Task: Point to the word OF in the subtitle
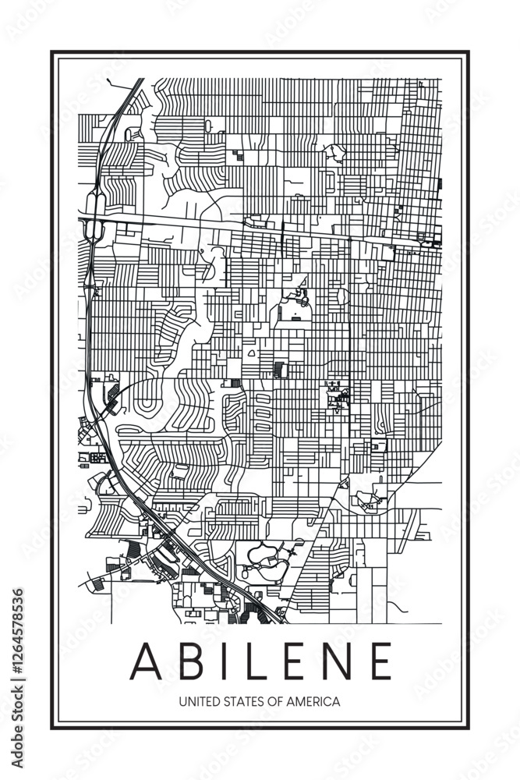(275, 701)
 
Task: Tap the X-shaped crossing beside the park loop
(292, 552)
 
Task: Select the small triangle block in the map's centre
(251, 353)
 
